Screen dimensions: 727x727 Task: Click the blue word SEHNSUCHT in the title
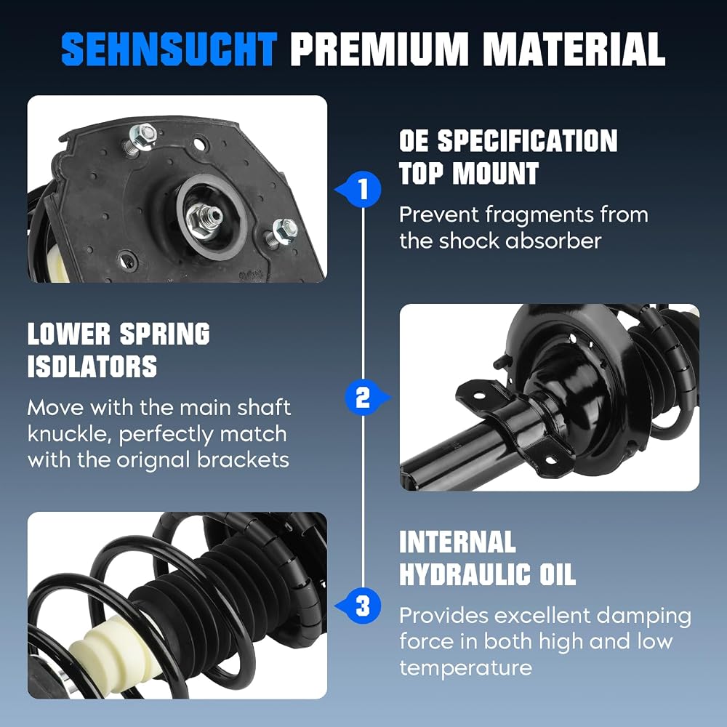tap(169, 49)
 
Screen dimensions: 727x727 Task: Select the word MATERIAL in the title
tap(574, 49)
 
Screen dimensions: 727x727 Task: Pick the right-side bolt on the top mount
tap(281, 232)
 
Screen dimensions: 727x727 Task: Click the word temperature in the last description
tap(465, 668)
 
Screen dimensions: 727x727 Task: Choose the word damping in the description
tap(643, 616)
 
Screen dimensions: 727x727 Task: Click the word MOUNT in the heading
tap(496, 174)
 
